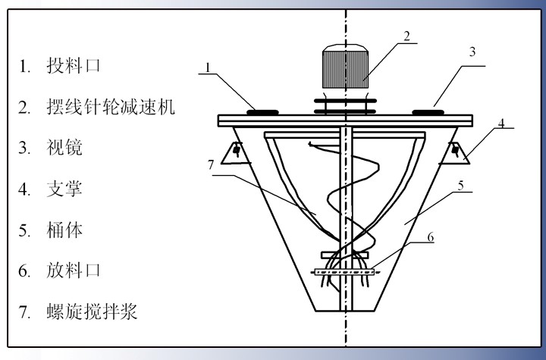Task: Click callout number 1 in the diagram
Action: click(x=206, y=68)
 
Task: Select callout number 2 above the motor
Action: click(x=407, y=35)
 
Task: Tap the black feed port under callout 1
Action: click(x=261, y=112)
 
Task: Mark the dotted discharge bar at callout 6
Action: click(x=346, y=271)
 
